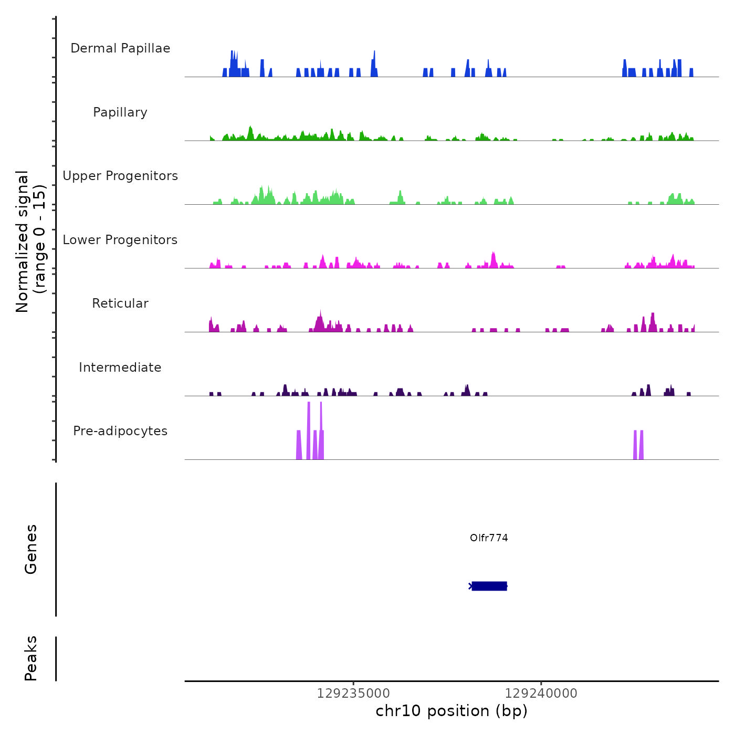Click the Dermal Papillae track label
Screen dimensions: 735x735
(120, 48)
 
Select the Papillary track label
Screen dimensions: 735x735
(120, 112)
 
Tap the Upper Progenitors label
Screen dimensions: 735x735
(120, 176)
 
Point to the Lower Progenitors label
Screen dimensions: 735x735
(120, 240)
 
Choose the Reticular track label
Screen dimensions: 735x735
(120, 303)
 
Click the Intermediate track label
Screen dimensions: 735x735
(120, 367)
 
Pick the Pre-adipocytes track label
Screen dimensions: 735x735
(120, 431)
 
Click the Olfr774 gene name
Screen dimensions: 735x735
(489, 538)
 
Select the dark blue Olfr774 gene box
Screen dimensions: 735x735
(489, 586)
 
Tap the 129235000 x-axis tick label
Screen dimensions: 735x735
(353, 694)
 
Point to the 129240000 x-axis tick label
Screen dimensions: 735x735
(541, 694)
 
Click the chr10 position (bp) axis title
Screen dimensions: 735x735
(451, 711)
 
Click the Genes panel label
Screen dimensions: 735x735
(31, 549)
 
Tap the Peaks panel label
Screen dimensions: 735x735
(31, 658)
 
